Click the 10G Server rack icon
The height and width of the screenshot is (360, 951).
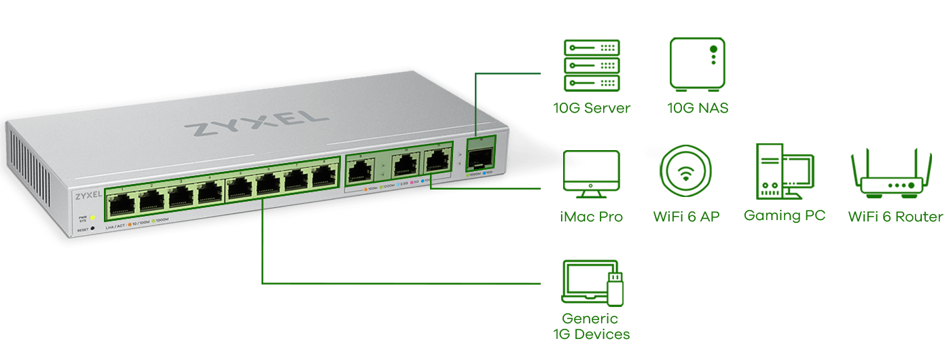pos(592,65)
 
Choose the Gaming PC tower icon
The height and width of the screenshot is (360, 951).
pos(784,172)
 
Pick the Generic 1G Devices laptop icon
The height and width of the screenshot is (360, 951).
pos(593,281)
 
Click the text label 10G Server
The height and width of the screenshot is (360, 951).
pos(591,108)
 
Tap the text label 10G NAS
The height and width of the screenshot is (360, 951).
pos(698,108)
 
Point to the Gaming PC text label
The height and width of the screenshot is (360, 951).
pos(785,216)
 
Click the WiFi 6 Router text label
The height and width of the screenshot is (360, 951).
pos(895,217)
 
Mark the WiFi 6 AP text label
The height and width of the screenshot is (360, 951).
pos(686,217)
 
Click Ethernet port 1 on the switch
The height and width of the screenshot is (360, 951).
pos(121,202)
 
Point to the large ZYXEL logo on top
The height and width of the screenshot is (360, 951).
pos(251,122)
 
